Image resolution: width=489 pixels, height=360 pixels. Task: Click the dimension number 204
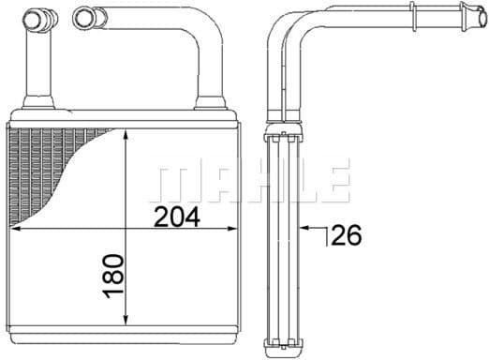(177, 217)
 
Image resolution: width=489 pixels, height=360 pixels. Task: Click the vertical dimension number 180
(113, 277)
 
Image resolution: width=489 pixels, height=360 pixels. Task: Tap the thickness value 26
(347, 234)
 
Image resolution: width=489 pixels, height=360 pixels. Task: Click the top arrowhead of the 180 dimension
(126, 135)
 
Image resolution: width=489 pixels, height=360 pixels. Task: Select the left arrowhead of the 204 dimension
(16, 229)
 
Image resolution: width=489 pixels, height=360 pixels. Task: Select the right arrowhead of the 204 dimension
(231, 229)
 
